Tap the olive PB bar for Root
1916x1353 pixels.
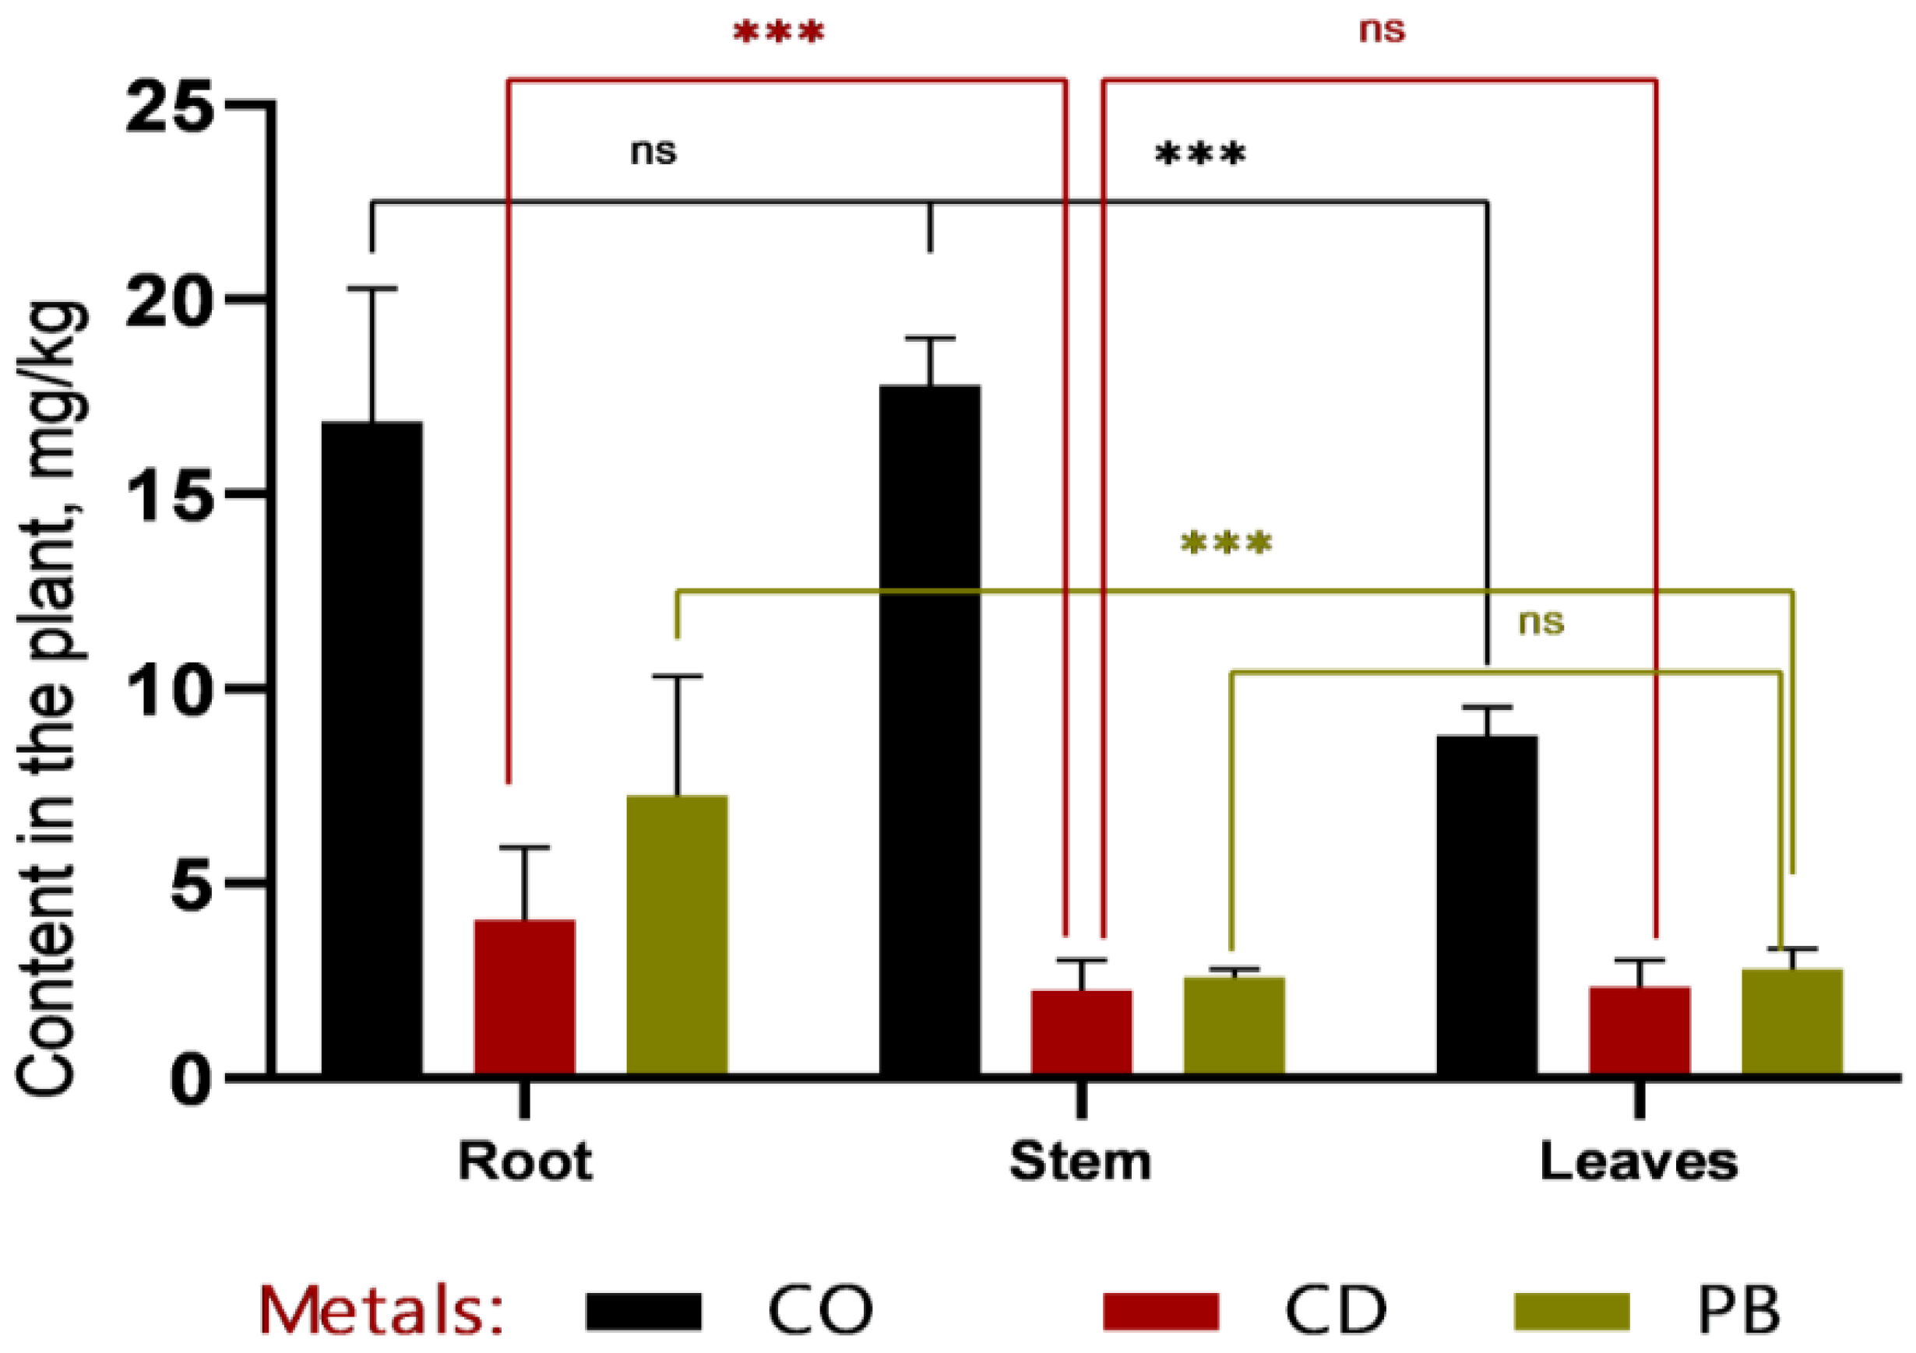(677, 934)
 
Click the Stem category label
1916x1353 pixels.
(1080, 1161)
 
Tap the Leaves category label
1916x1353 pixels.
(1638, 1161)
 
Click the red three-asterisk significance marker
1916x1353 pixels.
(778, 33)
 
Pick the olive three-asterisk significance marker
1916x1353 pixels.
(1226, 544)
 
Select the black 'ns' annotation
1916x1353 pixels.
(653, 152)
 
